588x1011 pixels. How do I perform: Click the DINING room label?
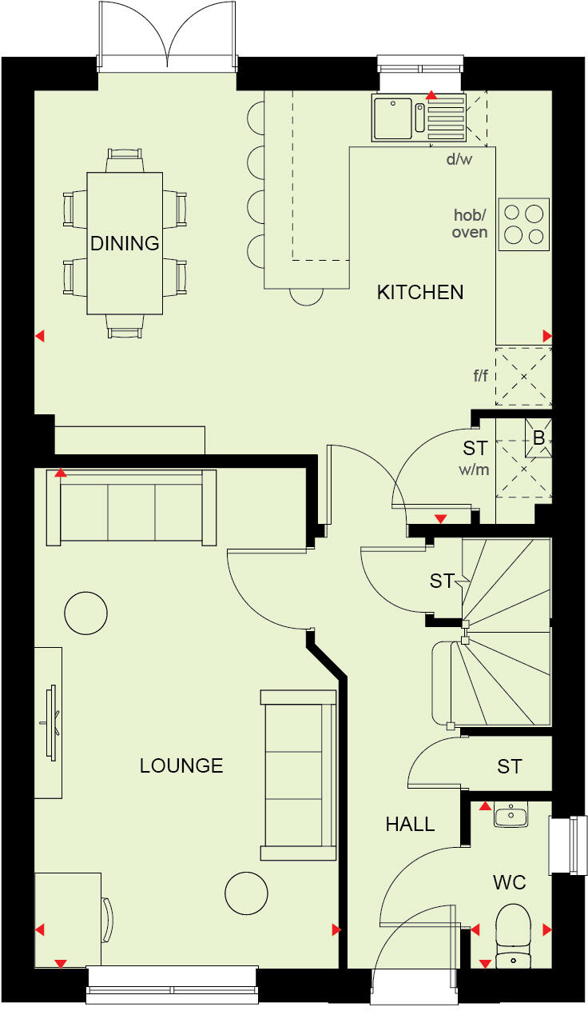pos(125,243)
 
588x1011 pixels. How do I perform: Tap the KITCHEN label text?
pos(420,293)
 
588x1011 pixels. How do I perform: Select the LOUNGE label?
pos(181,766)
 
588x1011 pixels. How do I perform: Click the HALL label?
pos(410,825)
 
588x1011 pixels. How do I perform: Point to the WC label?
pos(509,883)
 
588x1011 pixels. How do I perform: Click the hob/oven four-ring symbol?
pos(524,224)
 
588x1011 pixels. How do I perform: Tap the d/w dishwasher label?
pos(459,159)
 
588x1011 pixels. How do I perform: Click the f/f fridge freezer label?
pos(480,375)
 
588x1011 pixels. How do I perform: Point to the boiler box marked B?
pos(538,439)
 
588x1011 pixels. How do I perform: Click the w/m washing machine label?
pos(474,470)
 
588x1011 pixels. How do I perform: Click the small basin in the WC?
pos(510,816)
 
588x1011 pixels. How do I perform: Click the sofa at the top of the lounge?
pos(131,509)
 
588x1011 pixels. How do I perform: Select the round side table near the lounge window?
pos(246,893)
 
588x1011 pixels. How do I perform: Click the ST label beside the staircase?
pos(442,581)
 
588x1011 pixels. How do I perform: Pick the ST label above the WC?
pos(509,767)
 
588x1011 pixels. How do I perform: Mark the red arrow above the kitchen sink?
pos(431,96)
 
